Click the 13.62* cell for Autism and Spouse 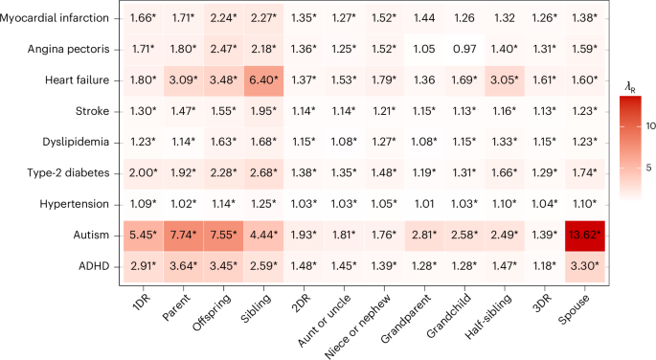pos(585,236)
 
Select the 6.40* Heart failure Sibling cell pos(263,80)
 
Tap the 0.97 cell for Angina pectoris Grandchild pos(464,50)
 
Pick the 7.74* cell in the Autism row pos(183,236)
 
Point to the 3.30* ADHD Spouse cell pos(585,267)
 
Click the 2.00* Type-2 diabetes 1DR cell pos(143,173)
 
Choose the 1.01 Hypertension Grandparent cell pos(424,205)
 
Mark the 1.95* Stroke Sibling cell pos(263,112)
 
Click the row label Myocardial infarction pos(55,18)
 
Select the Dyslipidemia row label pos(76,142)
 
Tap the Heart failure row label pos(77,80)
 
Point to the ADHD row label pos(94,266)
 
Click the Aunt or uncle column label pos(324,321)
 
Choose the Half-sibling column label pos(487,317)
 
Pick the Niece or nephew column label pos(357,326)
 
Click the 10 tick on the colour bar pos(650,126)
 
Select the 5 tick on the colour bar pos(648,169)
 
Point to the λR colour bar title pos(630,88)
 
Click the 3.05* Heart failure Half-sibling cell pos(505,80)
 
